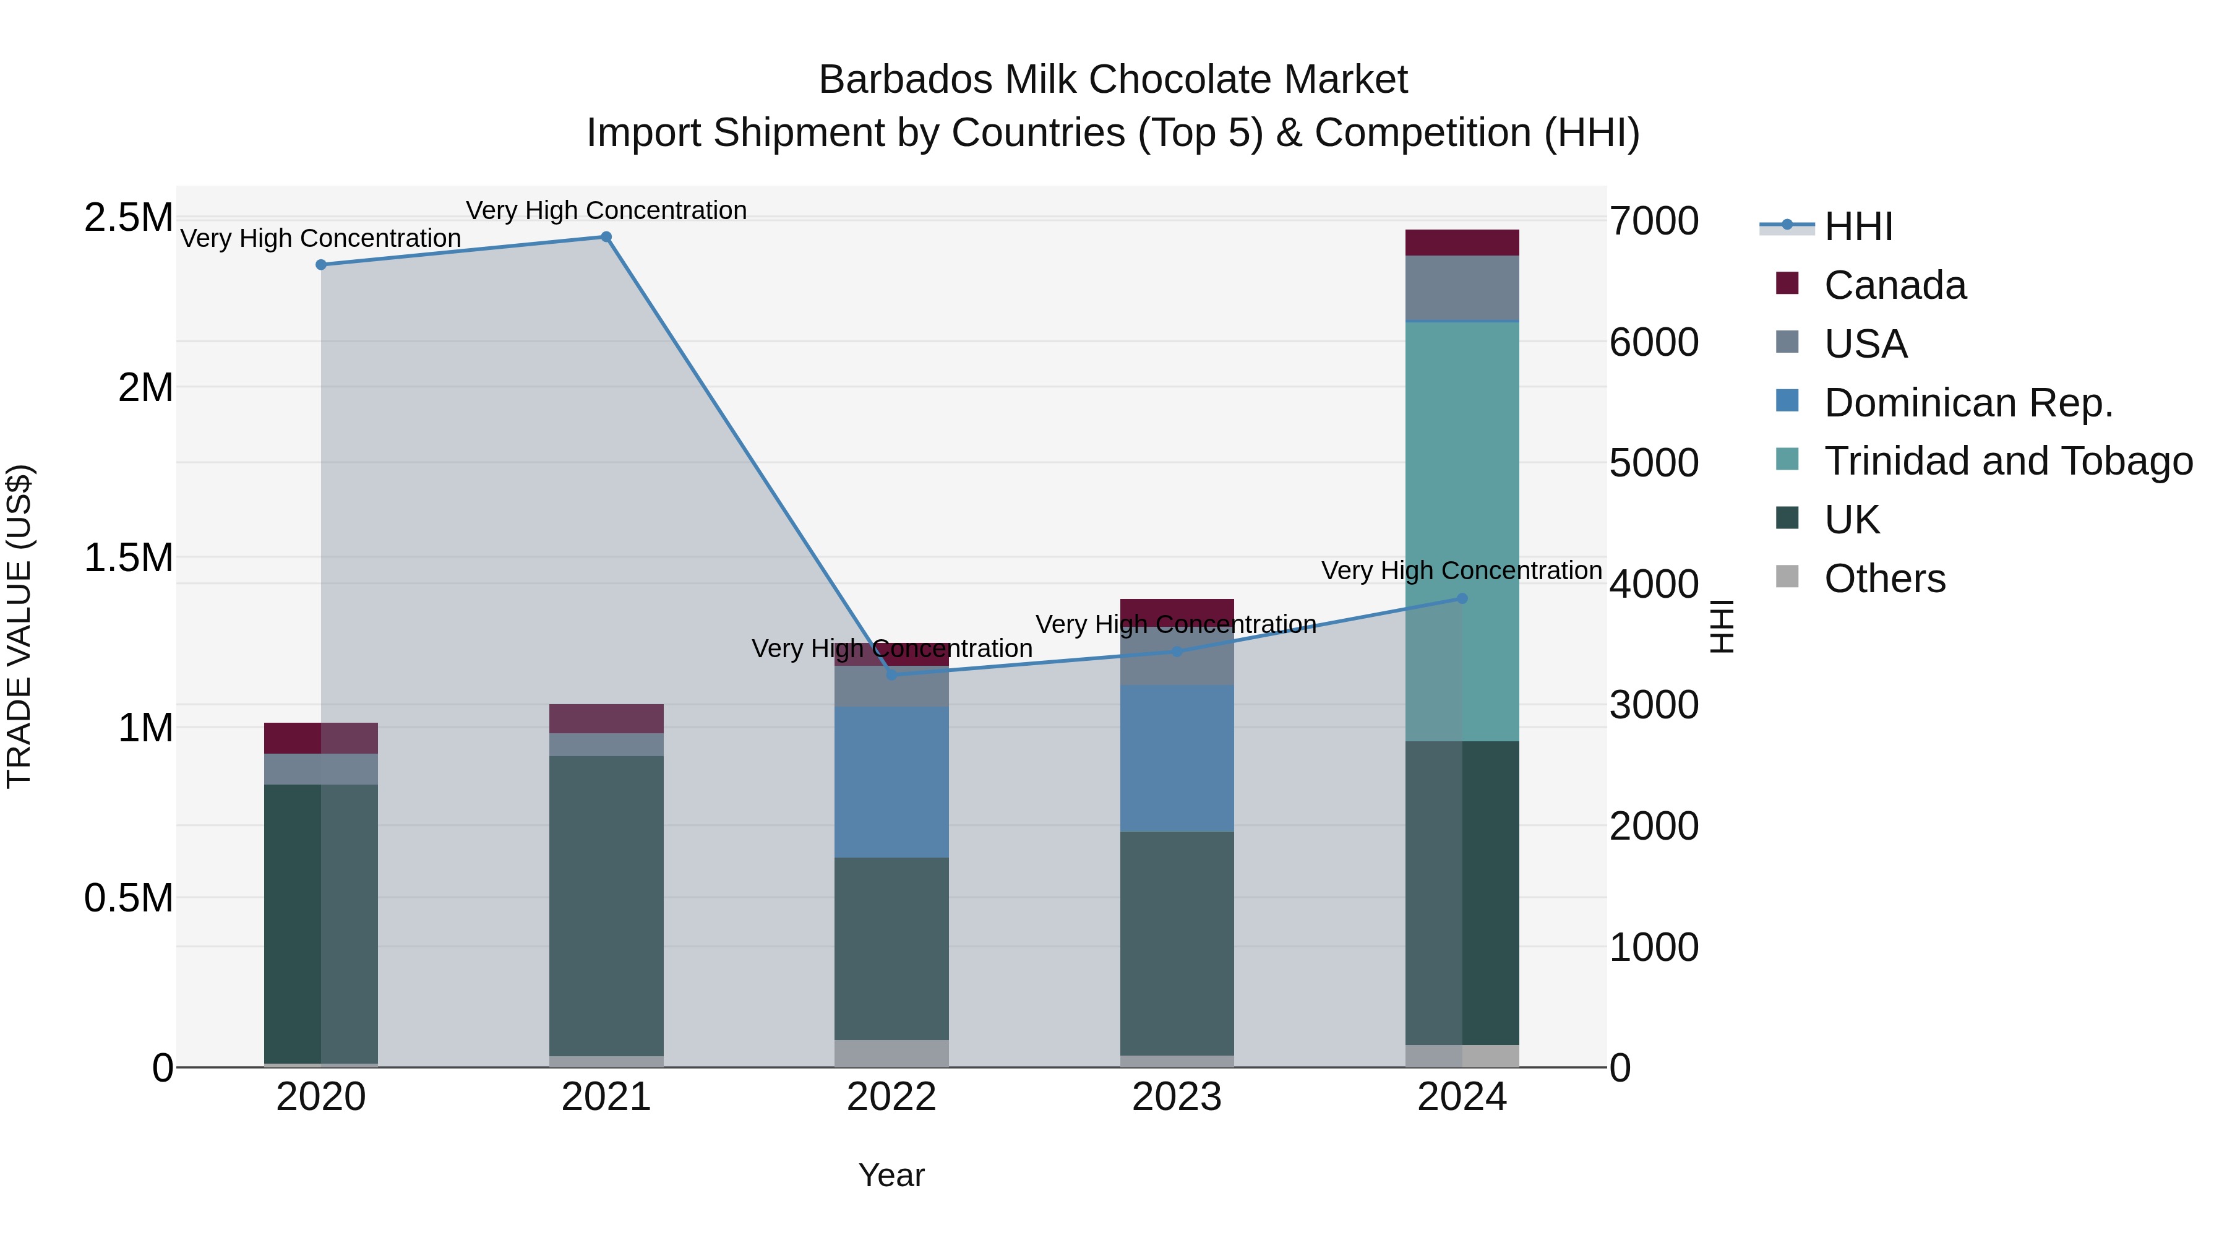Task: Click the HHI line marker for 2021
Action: pos(606,237)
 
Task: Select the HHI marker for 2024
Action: pos(1462,598)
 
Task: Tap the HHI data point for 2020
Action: pos(320,265)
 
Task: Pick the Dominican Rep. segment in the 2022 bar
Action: pos(891,783)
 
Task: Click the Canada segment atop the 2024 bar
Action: pos(1462,243)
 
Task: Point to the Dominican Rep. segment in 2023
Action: pos(1177,759)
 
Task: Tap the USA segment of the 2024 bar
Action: pos(1462,288)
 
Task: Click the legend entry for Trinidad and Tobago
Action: pos(2008,461)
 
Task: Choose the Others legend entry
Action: pos(1885,579)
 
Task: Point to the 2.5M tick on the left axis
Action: pos(128,218)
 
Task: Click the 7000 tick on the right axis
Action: pos(1654,222)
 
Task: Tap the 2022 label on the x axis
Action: pos(891,1097)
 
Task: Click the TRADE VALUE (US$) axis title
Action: pos(19,626)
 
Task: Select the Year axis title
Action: pos(891,1175)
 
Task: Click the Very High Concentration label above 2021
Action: pos(606,210)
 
